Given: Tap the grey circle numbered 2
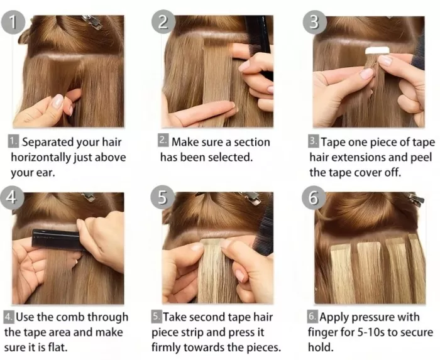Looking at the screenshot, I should [x=163, y=23].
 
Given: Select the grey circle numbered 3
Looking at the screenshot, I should [x=314, y=23].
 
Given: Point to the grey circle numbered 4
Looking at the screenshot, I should [x=11, y=198].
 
